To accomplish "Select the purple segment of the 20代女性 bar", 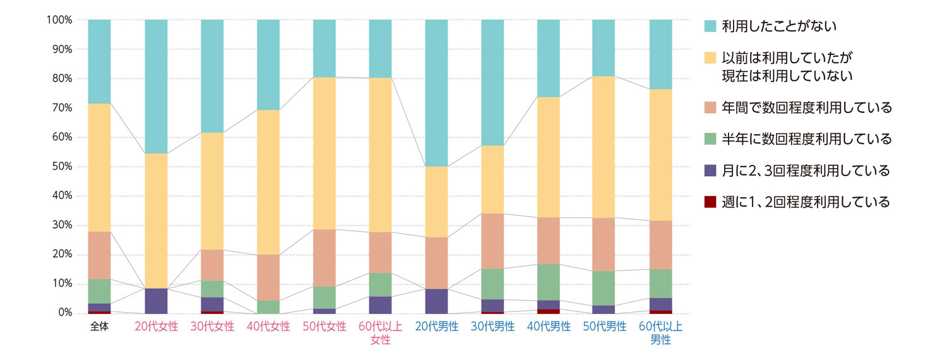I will click(x=156, y=301).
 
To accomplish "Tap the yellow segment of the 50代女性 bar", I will click(x=325, y=153).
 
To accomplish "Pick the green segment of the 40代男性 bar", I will click(x=549, y=282).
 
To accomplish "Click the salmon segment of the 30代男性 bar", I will click(x=492, y=241).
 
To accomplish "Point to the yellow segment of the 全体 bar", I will click(x=99, y=167).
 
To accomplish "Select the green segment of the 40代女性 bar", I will click(x=268, y=307).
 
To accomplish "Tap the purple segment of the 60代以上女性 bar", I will click(x=380, y=304).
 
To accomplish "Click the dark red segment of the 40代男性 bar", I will click(x=549, y=311).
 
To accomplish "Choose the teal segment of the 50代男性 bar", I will click(x=605, y=47).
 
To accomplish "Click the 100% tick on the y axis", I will click(x=59, y=20).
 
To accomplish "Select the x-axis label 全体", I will click(x=99, y=327).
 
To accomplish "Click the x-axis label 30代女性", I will click(x=212, y=327).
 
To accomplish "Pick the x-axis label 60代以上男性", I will click(x=660, y=333).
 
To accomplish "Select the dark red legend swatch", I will click(x=710, y=202).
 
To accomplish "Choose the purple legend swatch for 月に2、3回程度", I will click(x=710, y=171).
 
